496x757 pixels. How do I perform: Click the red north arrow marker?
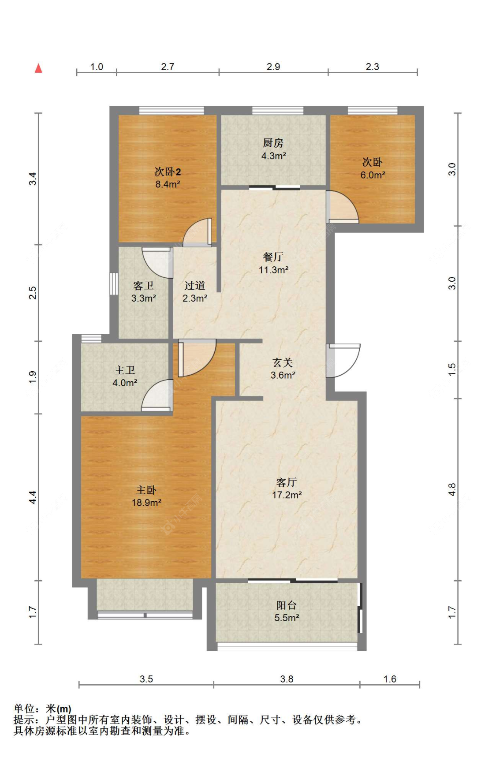(x=39, y=68)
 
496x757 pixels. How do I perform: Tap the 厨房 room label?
(x=273, y=143)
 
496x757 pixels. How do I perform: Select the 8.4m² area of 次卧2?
(x=168, y=184)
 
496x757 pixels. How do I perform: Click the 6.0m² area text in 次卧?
(x=373, y=175)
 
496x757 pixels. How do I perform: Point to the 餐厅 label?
(x=273, y=257)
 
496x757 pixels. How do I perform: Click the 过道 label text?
(x=194, y=286)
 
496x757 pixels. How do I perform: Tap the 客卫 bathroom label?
(x=143, y=286)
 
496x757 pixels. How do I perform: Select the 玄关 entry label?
(x=283, y=362)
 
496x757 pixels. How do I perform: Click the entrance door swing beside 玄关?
(x=344, y=360)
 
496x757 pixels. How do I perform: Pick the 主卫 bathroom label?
(x=125, y=370)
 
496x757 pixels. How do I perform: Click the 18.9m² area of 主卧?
(x=146, y=503)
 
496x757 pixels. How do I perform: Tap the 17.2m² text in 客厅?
(x=287, y=495)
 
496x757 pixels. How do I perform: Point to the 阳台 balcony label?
(x=286, y=605)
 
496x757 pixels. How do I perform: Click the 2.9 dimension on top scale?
(x=273, y=67)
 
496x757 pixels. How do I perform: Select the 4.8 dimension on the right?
(x=452, y=489)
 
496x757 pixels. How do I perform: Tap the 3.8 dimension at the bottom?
(x=287, y=679)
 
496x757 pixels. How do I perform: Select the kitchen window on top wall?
(x=278, y=110)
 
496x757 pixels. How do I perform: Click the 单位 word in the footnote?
(x=24, y=709)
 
